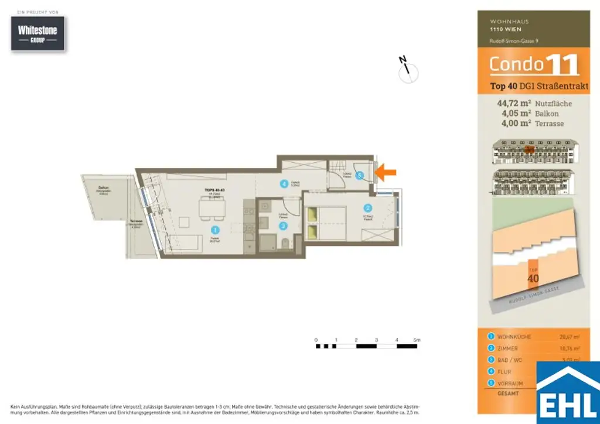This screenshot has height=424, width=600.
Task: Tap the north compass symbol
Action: click(408, 71)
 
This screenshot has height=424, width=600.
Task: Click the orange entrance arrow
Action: click(386, 172)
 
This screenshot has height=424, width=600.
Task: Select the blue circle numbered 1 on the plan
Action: click(215, 231)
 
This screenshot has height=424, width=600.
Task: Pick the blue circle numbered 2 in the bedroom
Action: click(368, 207)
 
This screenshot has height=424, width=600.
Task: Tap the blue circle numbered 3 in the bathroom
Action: click(283, 225)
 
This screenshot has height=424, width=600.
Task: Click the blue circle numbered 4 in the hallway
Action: click(284, 184)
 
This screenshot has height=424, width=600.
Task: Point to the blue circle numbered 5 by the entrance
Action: click(360, 175)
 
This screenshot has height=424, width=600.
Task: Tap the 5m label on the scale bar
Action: click(417, 340)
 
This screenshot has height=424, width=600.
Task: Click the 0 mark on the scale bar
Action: click(316, 340)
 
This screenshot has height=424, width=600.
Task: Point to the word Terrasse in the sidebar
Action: click(550, 123)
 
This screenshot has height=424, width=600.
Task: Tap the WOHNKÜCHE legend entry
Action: click(513, 337)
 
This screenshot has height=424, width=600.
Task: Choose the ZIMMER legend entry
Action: click(508, 348)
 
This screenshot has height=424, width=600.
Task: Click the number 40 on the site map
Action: click(533, 278)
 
